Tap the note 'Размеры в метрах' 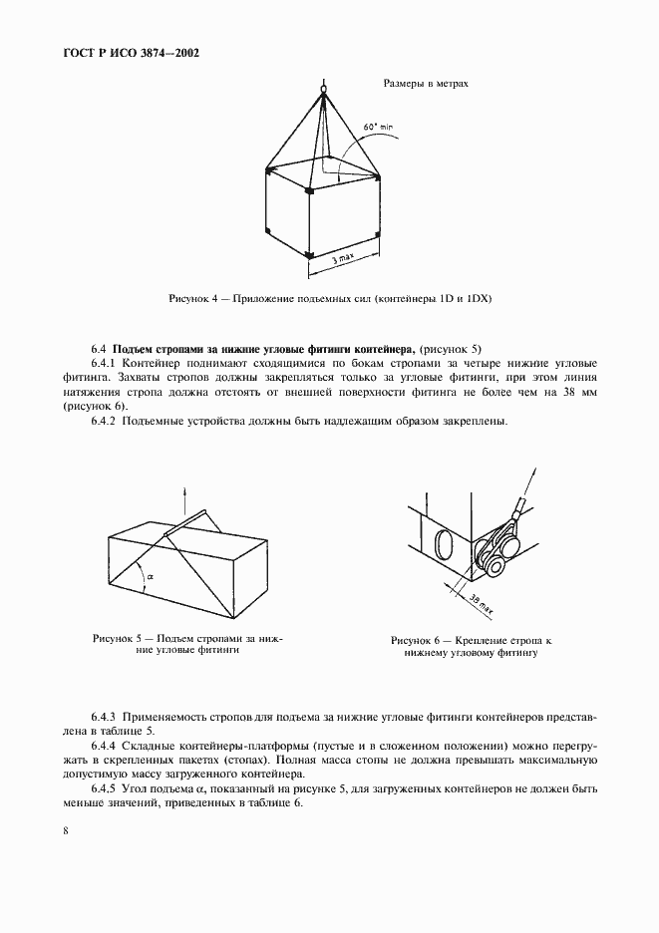[426, 84]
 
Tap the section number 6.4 [98, 349]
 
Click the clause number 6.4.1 [105, 364]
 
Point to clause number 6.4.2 [105, 422]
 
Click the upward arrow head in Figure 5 [185, 490]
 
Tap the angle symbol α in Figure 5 [150, 576]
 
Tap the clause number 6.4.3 [105, 717]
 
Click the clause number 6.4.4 [105, 746]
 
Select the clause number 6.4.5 [105, 789]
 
